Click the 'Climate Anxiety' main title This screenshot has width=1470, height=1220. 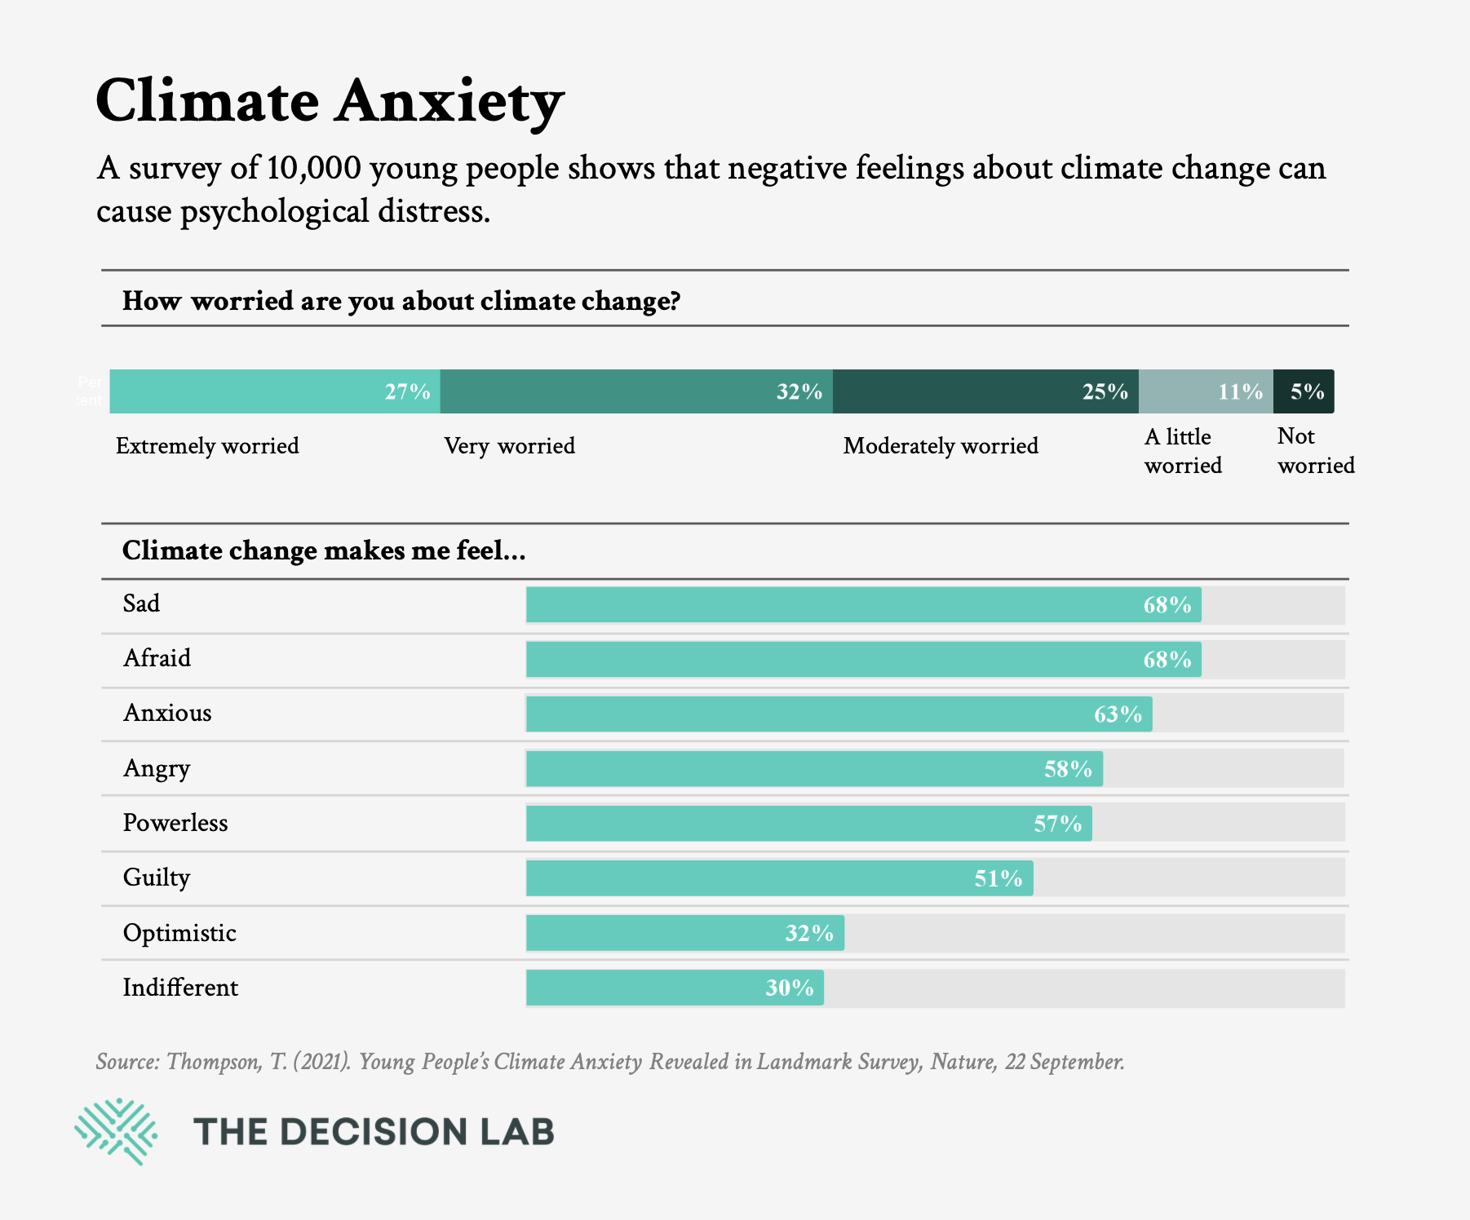pos(330,101)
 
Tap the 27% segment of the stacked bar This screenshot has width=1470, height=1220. pos(275,391)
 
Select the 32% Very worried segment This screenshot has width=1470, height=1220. pos(636,391)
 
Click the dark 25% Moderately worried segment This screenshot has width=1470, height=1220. pos(985,391)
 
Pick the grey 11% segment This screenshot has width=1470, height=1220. pos(1206,391)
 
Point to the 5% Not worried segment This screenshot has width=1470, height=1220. pos(1304,391)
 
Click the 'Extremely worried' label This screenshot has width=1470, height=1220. pos(207,446)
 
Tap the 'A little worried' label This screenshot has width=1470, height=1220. pos(1183,451)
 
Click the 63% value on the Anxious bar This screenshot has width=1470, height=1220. pos(1118,714)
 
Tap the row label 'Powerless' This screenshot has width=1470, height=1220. pos(175,823)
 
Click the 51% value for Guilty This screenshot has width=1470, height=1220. pos(998,878)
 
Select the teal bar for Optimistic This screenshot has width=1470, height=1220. pos(685,933)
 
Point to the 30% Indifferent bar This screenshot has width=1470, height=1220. pos(675,988)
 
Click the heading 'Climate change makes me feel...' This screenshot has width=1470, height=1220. pos(324,550)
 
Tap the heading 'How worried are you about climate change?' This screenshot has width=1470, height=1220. pos(401,301)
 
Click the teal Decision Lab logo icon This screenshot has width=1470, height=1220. pos(116,1131)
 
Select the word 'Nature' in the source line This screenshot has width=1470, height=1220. pos(962,1062)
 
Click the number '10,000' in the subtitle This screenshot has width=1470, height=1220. pos(313,168)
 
